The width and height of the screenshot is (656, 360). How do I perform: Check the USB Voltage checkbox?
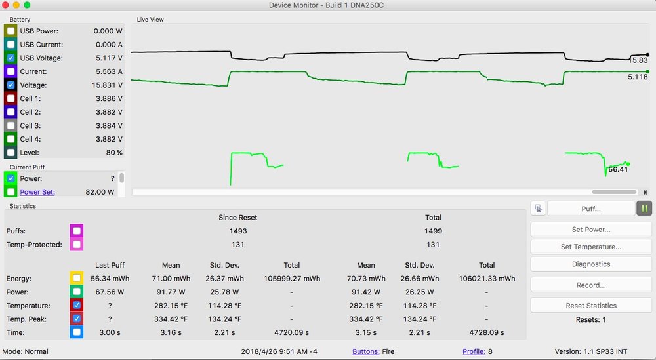point(11,58)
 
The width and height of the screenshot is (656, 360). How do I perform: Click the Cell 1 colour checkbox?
point(11,98)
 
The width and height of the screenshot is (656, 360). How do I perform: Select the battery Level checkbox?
point(11,152)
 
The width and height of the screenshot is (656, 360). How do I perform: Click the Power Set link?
point(37,192)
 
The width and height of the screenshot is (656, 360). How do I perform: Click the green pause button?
point(644,209)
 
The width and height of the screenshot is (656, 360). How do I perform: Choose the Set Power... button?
point(590,230)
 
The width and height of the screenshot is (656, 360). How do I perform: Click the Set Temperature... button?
point(590,247)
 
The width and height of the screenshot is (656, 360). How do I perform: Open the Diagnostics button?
point(590,264)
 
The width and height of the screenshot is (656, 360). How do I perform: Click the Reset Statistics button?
point(590,306)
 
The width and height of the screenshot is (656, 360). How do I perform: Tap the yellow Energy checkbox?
point(77,278)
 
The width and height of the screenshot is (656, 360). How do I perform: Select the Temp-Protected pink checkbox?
point(77,245)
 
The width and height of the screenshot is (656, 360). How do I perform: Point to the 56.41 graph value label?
point(618,169)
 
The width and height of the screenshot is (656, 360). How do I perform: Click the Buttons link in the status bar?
point(365,351)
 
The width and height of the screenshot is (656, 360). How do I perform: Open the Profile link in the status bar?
point(474,351)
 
